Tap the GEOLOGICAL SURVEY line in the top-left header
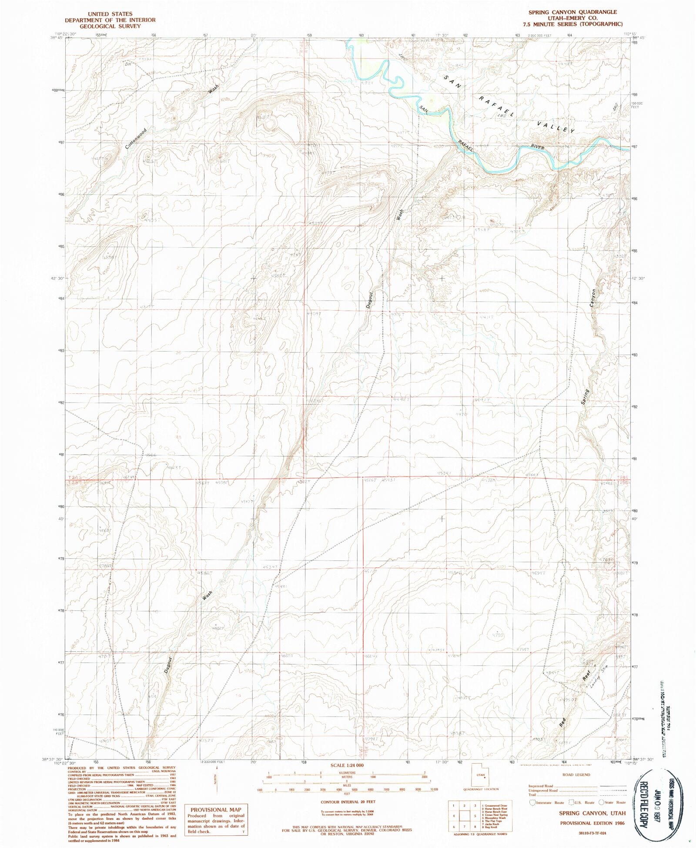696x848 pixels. point(110,26)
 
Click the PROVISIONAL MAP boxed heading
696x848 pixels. point(216,810)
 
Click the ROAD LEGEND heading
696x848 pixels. point(576,775)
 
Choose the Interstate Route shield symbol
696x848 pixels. point(532,803)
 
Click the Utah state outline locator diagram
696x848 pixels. point(480,776)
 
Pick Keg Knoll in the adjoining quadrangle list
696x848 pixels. point(495,827)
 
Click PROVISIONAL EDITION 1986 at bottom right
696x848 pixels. point(592,823)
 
